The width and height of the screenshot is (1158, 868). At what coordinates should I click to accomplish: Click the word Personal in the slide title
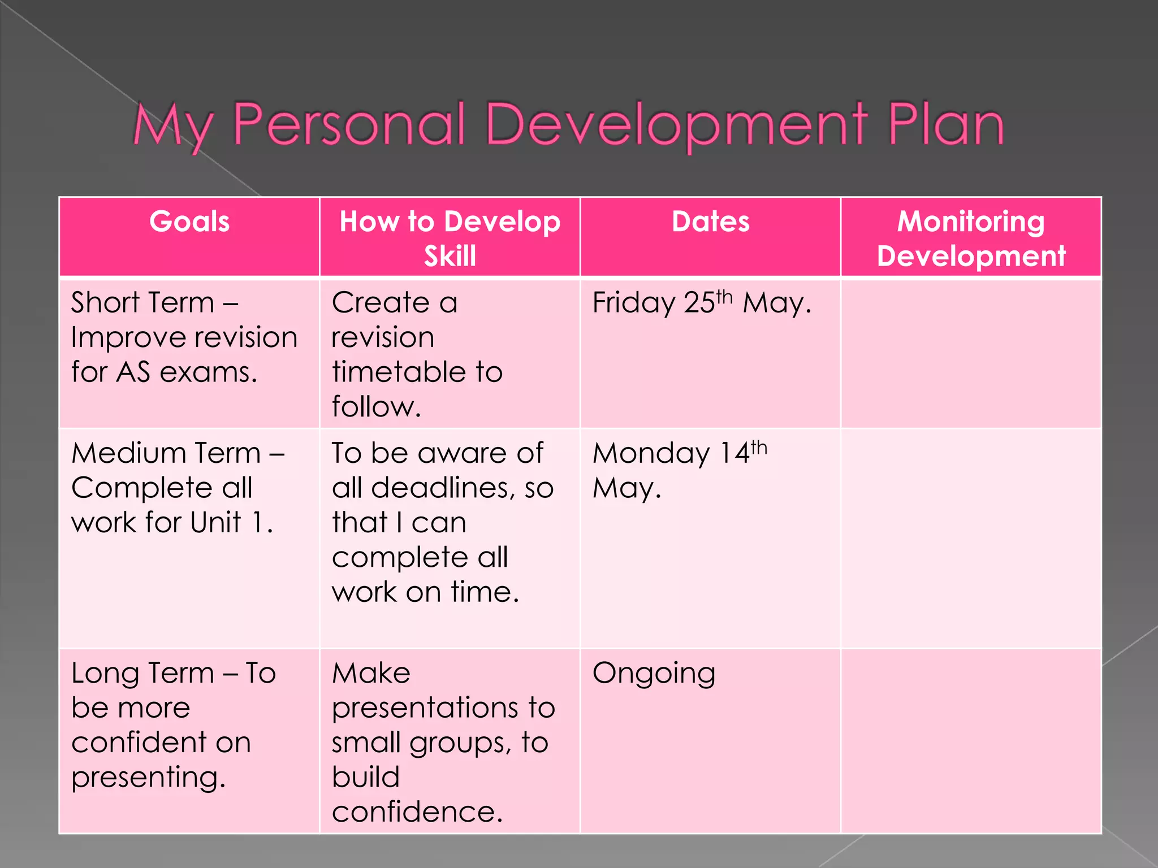349,124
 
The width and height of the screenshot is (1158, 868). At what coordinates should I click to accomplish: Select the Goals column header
189,222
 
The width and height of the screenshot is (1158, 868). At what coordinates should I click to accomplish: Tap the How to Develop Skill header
450,237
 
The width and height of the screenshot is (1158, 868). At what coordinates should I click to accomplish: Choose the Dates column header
710,222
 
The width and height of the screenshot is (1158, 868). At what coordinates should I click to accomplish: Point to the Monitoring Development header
971,237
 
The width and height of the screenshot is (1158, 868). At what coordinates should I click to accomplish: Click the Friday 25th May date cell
701,303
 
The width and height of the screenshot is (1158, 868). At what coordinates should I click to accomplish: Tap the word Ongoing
654,674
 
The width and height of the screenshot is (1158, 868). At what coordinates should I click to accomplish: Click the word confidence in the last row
417,812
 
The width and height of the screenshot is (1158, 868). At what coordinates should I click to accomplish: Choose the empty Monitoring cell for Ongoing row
971,740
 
